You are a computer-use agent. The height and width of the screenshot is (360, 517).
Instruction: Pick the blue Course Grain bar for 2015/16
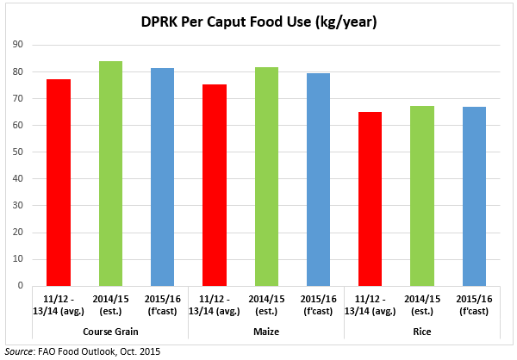coord(161,177)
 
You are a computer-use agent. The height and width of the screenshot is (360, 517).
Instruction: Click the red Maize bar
coord(214,184)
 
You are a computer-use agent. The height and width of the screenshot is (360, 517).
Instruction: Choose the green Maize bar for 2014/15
coord(265,176)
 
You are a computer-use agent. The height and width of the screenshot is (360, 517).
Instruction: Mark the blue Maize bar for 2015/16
coord(317,179)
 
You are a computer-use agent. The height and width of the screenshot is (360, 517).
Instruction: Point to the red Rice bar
coord(370,198)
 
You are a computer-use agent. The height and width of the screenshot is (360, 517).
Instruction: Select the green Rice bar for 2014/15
coord(421,196)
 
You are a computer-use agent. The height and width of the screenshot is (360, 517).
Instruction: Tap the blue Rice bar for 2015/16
coord(473,196)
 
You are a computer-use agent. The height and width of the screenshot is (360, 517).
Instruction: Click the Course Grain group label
coord(109,332)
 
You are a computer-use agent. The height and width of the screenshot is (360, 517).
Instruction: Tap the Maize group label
coord(265,332)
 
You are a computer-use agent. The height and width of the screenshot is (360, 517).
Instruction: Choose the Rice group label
coord(421,332)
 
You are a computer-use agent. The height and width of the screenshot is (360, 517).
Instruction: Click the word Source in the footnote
coord(22,351)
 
